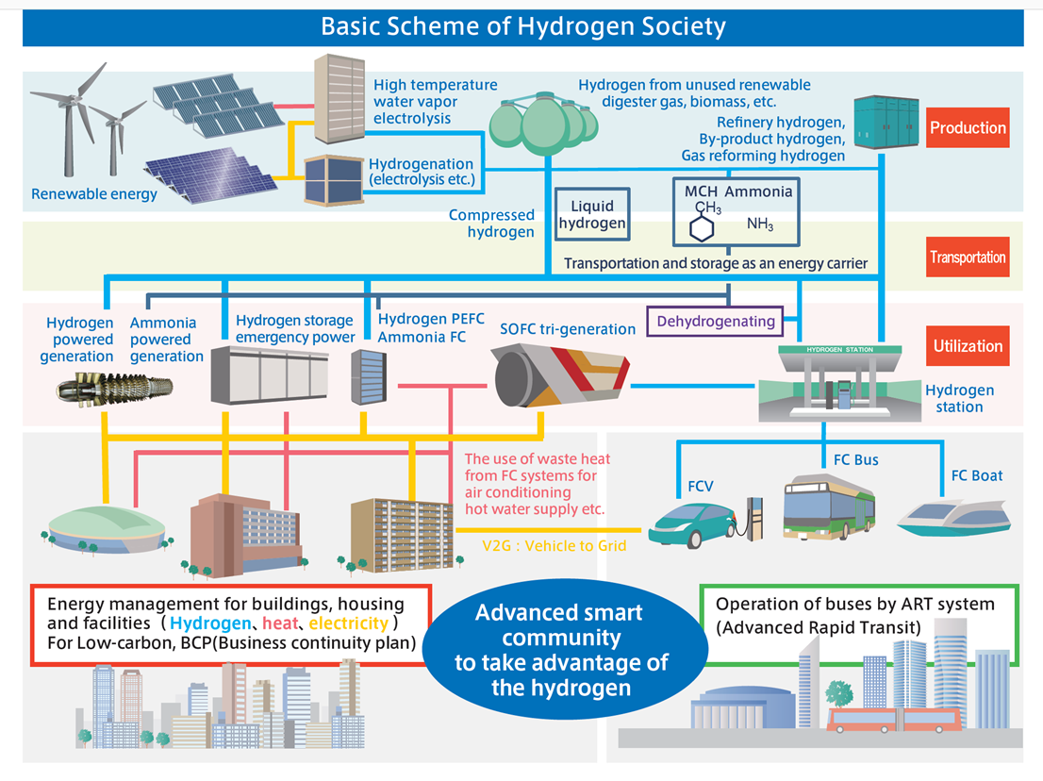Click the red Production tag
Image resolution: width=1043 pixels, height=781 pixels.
[968, 128]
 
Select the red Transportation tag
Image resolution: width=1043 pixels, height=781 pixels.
[968, 258]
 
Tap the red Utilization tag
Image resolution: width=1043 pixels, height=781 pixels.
[968, 346]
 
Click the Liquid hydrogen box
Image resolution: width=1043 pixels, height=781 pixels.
[591, 215]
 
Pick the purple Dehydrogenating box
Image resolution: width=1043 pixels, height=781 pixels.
[716, 322]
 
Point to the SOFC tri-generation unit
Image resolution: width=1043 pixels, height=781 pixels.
[560, 377]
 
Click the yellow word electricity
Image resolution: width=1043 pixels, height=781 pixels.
[348, 623]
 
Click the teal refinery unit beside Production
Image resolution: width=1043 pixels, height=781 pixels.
[886, 121]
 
